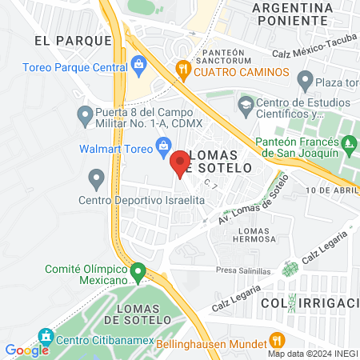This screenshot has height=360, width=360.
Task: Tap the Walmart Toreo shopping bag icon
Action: pos(163,145)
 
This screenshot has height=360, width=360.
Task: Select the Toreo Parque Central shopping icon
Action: pos(138,62)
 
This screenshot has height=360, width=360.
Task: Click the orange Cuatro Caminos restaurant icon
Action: pos(183,70)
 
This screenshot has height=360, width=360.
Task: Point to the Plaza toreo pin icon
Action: pos(304,78)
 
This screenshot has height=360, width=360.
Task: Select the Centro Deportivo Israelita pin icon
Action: pos(97,177)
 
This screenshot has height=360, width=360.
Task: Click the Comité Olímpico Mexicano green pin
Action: pos(138,272)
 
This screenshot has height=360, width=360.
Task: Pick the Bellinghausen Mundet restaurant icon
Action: pos(277,338)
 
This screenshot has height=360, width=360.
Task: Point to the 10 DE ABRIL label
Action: pos(330,190)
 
